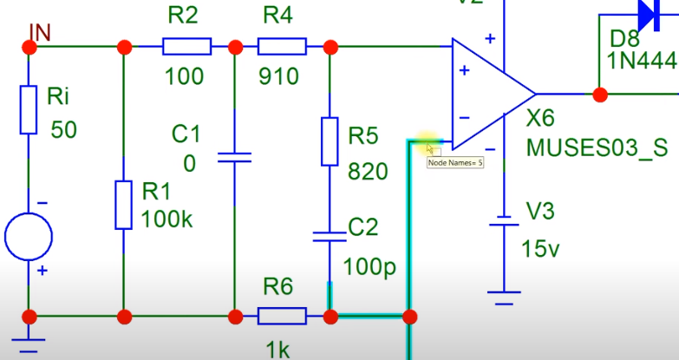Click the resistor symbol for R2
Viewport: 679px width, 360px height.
coord(186,45)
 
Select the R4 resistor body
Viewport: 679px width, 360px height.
coord(282,45)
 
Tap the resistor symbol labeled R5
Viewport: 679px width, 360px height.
coord(330,141)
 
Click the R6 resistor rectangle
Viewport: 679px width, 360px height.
coord(282,316)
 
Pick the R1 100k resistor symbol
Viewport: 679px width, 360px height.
coord(124,205)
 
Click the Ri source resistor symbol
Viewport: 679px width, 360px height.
coord(29,109)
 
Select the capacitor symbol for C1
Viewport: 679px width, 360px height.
coord(234,158)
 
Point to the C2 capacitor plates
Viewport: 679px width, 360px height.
coord(330,234)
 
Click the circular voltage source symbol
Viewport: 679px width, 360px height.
coord(29,235)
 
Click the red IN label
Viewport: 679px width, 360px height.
coord(40,32)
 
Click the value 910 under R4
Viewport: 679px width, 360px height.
coord(278,76)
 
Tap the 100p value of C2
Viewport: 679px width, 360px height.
coord(369,265)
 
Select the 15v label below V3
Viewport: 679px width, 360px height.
coord(541,250)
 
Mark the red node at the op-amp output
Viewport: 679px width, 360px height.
coord(598,94)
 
